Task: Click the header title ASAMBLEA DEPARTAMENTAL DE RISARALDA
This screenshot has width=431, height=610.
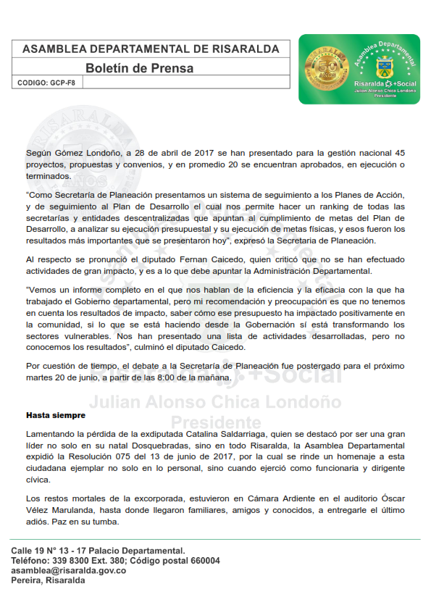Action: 151,49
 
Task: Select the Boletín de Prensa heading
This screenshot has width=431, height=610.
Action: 139,69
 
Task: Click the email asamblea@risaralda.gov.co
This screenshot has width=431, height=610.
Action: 69,571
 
